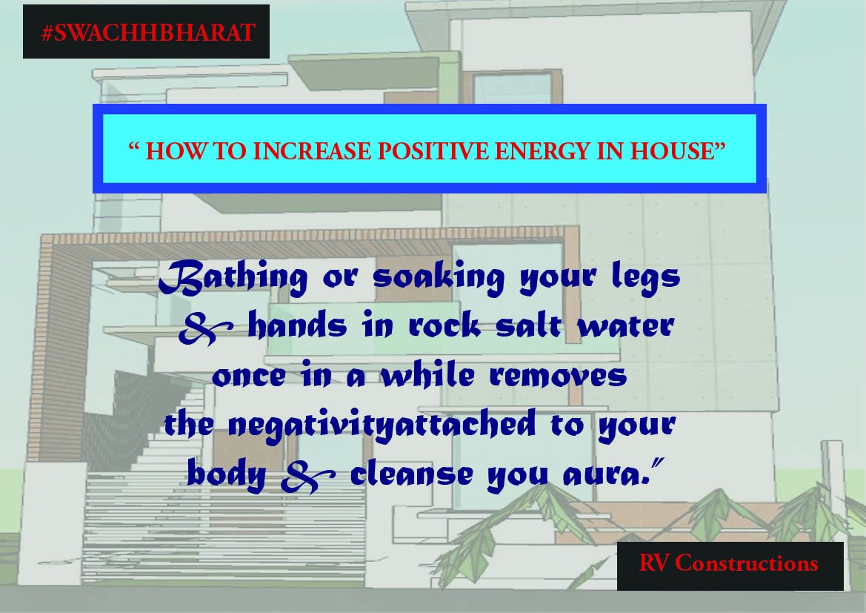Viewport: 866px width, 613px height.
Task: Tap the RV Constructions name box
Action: point(729,563)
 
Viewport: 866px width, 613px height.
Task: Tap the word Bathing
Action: point(233,278)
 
